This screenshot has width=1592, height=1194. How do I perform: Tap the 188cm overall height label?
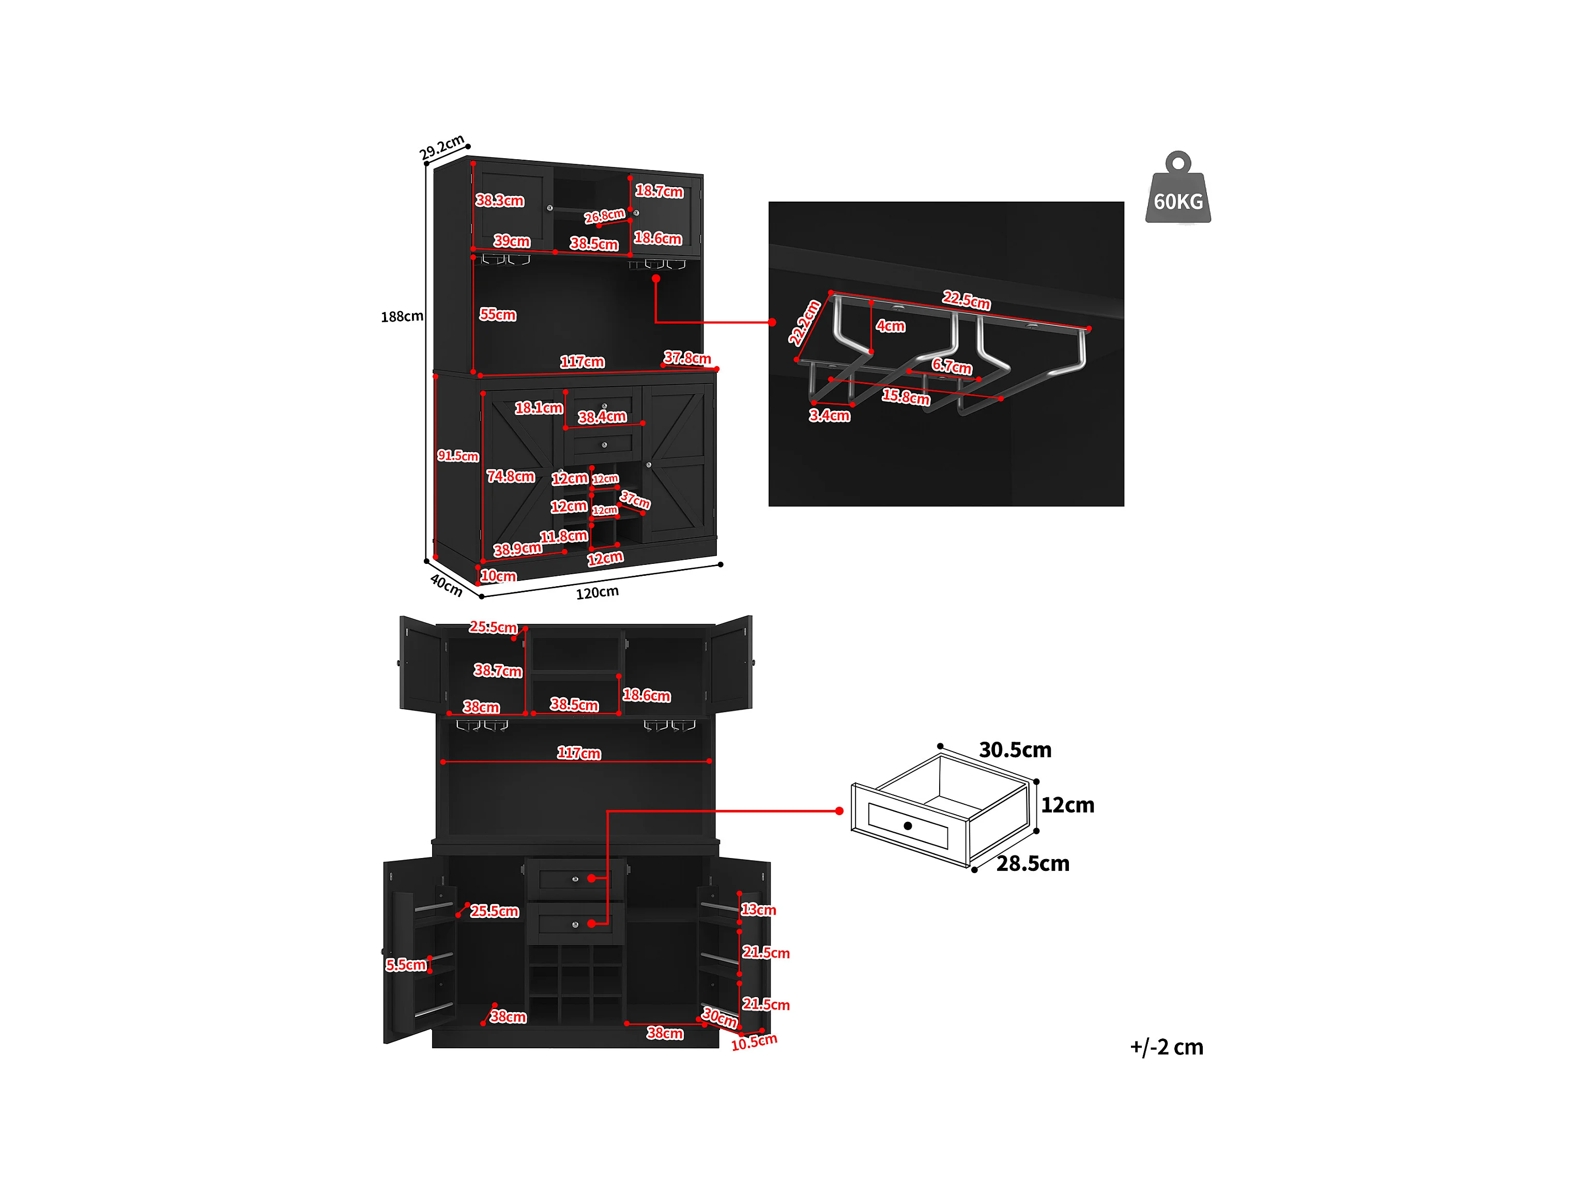coord(402,317)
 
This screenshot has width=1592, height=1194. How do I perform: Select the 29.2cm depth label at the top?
coord(442,147)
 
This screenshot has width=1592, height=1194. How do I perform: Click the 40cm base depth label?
coord(446,585)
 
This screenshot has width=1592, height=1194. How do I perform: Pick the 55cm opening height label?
coord(497,314)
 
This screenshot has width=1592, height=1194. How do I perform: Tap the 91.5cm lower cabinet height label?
coord(458,455)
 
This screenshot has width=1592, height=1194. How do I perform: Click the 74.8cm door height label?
coord(510,477)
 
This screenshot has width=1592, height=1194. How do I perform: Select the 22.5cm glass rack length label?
coord(967,300)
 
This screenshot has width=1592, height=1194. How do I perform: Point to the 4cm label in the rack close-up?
coord(890,326)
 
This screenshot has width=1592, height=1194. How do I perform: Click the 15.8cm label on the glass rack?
coord(906,396)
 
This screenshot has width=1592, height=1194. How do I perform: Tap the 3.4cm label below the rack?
coord(829,415)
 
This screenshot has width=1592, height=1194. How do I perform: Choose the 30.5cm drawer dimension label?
coord(1015,750)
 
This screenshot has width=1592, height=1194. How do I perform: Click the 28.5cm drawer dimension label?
coord(1032,864)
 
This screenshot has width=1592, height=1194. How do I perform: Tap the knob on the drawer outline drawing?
coord(908,825)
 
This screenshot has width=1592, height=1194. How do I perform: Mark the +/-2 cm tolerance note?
coord(1166,1047)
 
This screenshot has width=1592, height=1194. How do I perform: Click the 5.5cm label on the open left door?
coord(406,965)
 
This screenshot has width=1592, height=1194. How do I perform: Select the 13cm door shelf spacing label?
coord(759,910)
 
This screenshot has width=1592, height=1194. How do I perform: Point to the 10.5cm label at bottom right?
coord(754,1042)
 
